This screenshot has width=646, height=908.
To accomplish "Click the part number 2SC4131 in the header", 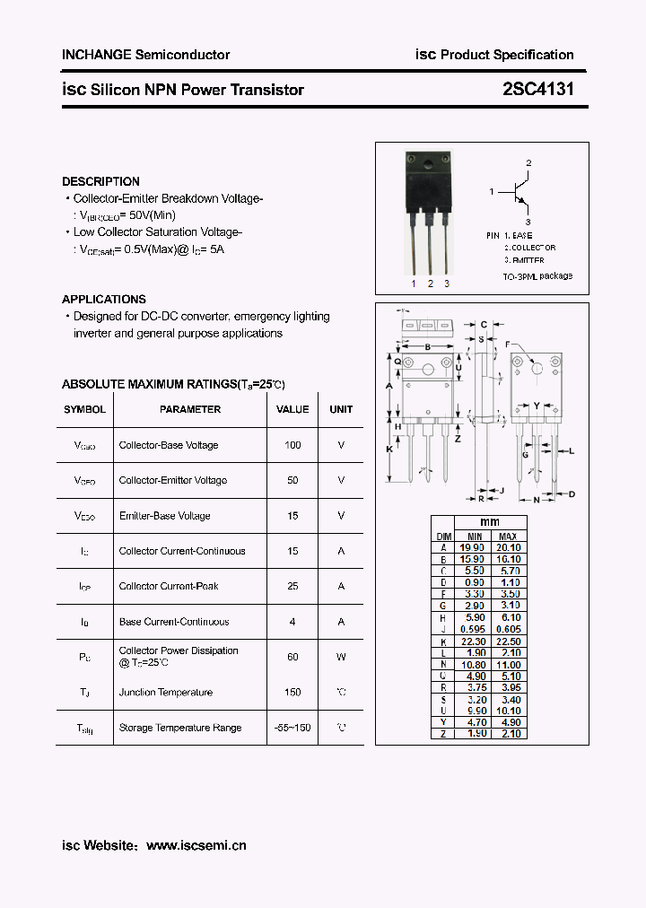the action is point(537,89).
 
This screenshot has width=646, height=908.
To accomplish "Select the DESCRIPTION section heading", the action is point(100,181).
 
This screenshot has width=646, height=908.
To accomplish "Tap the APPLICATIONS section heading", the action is point(104,299).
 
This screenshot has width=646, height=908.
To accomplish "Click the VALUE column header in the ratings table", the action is point(292,409).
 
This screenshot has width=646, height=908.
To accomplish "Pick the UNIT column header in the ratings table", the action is point(341,409).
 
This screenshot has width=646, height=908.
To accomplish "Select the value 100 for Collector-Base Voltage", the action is point(292,445).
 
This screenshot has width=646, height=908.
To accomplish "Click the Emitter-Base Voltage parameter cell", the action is point(165,516).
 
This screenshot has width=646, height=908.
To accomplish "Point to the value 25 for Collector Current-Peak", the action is point(292,586).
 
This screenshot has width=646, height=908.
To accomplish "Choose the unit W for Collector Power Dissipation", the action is point(341,657).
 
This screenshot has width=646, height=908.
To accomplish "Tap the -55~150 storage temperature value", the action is point(292,728).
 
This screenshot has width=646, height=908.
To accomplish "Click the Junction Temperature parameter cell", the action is point(166,693).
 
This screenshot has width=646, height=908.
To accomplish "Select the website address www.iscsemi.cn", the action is point(196,845).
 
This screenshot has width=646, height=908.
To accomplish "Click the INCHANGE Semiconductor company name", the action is point(146,55).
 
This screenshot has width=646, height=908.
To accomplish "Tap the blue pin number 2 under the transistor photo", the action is point(431,284).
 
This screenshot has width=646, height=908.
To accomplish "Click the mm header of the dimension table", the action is point(490,522).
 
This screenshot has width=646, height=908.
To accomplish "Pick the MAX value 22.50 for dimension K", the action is point(508,641).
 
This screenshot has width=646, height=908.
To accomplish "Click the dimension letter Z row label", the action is point(443,734).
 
